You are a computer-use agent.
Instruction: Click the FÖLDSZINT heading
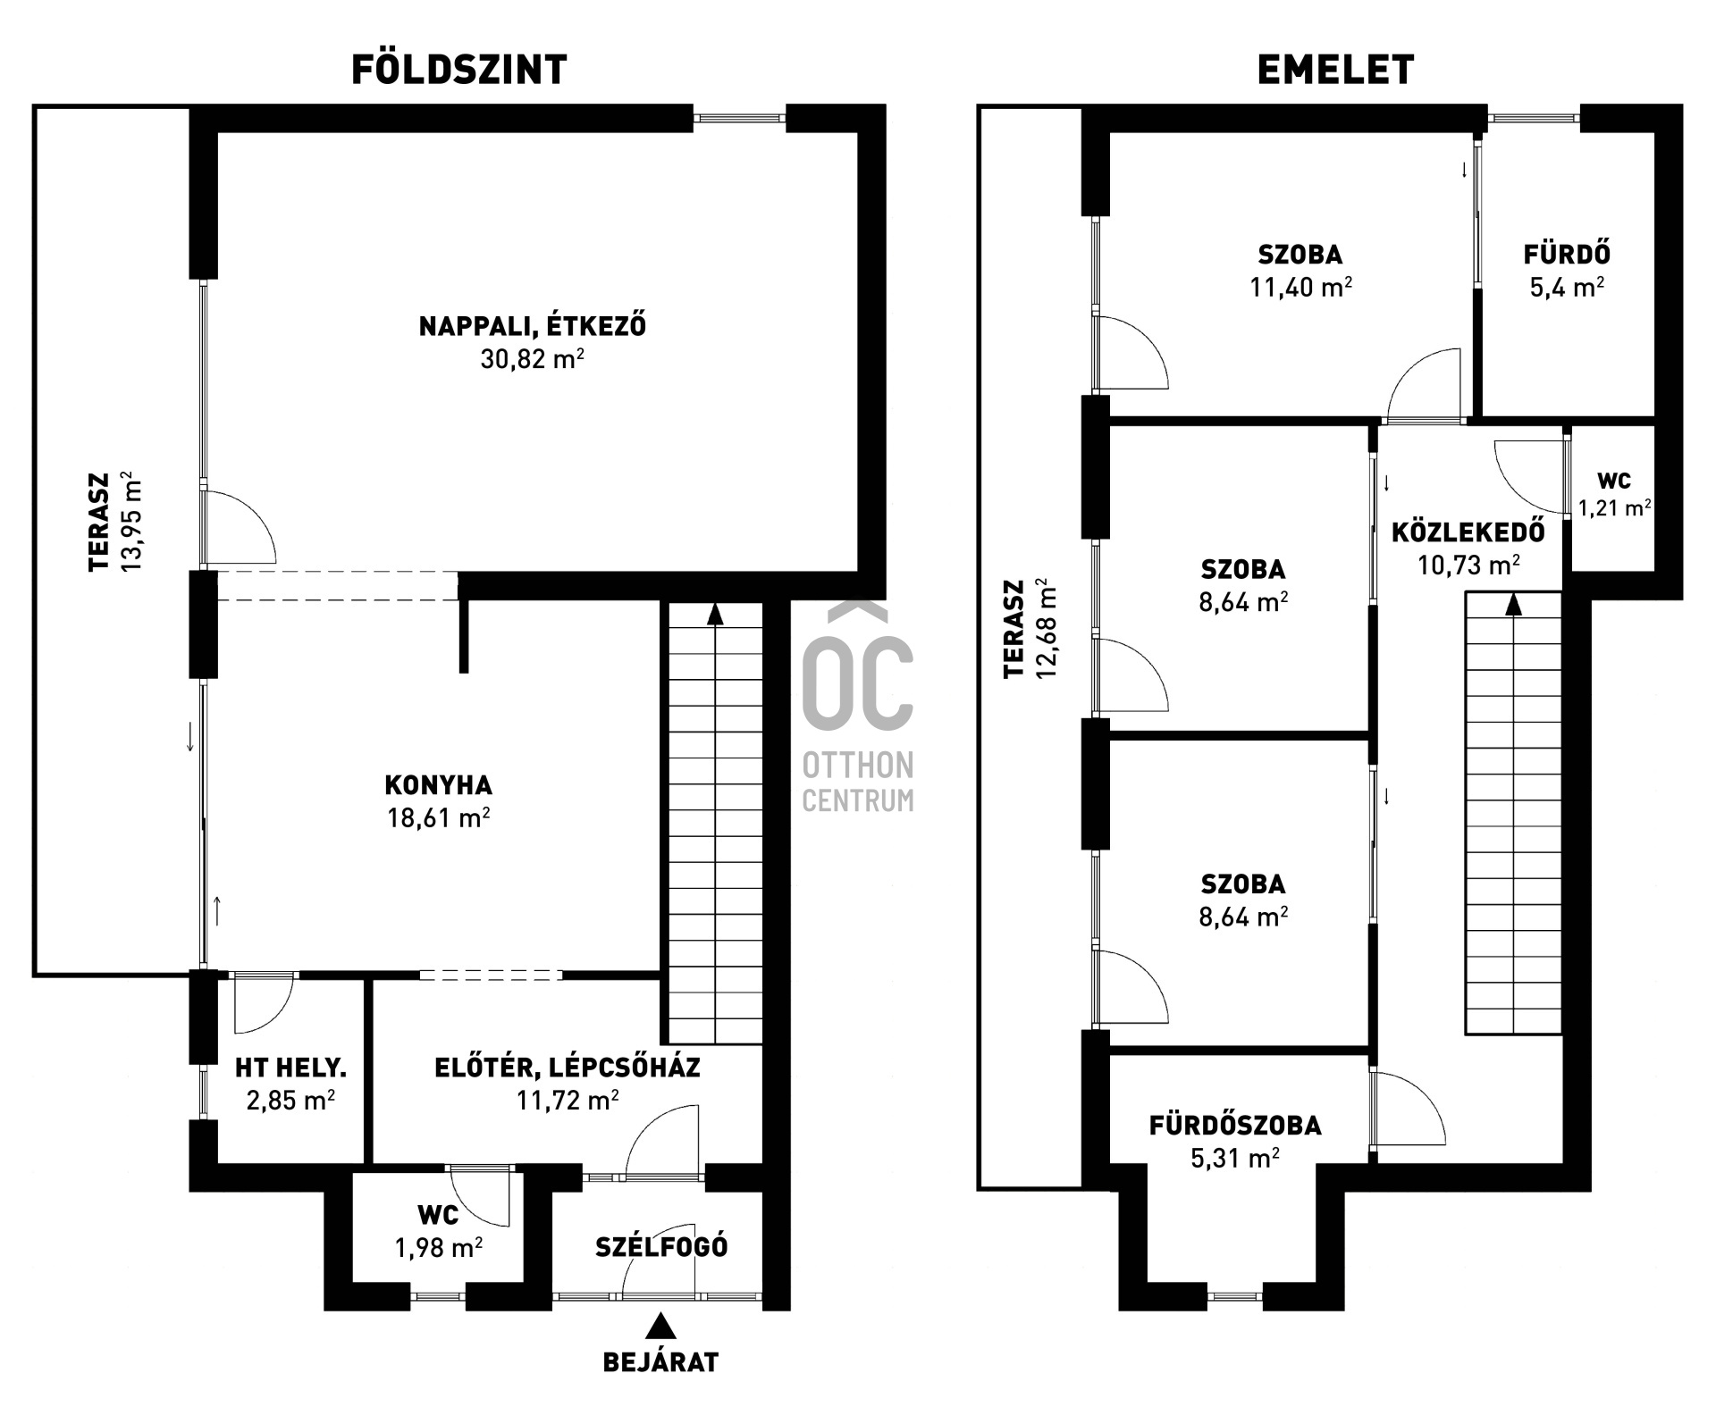tap(458, 70)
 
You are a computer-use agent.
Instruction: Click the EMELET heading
tap(1335, 70)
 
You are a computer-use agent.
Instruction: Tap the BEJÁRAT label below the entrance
tap(660, 1362)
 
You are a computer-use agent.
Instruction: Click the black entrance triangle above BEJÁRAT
tap(660, 1326)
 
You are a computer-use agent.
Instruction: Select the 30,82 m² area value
tap(532, 359)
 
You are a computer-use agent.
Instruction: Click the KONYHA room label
tap(438, 785)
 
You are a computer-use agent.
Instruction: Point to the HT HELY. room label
tap(290, 1068)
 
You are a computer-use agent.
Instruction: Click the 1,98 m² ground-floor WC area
tap(438, 1247)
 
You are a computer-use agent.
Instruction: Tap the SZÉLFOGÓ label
tap(661, 1247)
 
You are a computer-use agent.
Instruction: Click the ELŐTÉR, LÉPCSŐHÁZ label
tap(568, 1068)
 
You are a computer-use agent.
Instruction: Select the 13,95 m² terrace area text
tap(131, 523)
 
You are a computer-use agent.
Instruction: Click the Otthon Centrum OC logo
tap(858, 679)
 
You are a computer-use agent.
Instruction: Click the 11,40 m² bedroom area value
tap(1300, 288)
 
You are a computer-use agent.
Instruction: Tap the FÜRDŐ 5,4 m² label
tap(1567, 271)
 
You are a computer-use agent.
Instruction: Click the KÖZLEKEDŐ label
tap(1468, 532)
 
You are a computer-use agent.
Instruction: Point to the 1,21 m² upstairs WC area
tap(1613, 509)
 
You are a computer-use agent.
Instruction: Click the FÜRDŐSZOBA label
tap(1235, 1126)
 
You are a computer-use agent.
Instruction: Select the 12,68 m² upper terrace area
tap(1046, 630)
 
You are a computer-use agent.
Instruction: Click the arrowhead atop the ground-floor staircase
tap(714, 614)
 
